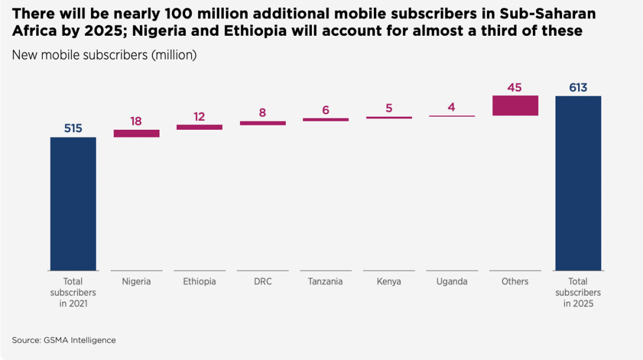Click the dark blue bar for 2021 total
(73, 204)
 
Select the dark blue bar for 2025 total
(578, 183)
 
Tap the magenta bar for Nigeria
(136, 133)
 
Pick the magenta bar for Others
(515, 105)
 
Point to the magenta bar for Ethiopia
(199, 127)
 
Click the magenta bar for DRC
(263, 123)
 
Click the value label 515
(73, 129)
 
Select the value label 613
(578, 87)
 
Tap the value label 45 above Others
(515, 87)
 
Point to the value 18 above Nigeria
(136, 121)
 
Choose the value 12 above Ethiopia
(199, 117)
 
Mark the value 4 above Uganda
(452, 108)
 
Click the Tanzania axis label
(326, 281)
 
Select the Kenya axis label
(389, 281)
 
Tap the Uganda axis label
(452, 281)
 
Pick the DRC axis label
(263, 281)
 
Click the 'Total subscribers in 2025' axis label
(578, 292)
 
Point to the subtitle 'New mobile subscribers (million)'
(104, 55)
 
